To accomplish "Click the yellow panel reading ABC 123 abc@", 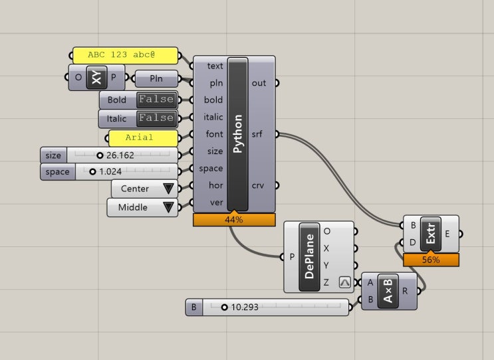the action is (126, 55).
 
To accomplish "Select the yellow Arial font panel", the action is (144, 138).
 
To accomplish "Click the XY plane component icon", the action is (96, 77).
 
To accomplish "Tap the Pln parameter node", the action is (156, 78).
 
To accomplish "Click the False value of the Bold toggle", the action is (157, 100).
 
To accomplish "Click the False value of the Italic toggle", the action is (157, 118).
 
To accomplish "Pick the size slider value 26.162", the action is (120, 155).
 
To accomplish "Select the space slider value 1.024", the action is (110, 171).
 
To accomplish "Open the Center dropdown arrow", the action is (169, 189).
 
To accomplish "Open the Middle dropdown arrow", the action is (169, 207).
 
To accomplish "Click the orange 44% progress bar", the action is (234, 220).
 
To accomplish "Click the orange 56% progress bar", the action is (431, 260).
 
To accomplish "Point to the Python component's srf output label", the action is (257, 134).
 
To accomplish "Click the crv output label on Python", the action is (258, 185).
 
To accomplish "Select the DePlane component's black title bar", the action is (309, 256).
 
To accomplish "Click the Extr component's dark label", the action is (431, 234).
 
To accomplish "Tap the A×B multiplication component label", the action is (388, 291).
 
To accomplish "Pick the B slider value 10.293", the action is (245, 307).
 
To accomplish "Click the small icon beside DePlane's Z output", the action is (344, 282).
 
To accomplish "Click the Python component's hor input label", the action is (216, 185).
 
